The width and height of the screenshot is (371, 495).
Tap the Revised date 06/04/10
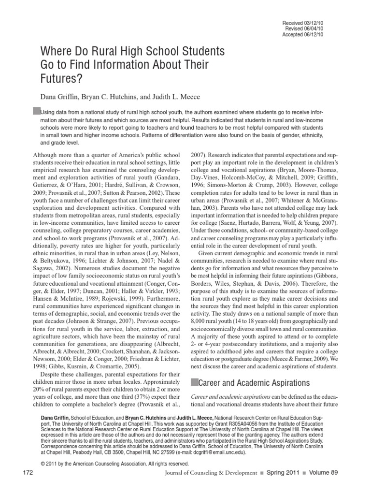[314, 29]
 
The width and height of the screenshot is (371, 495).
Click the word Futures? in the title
[60, 76]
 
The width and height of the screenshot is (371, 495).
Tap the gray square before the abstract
[36, 111]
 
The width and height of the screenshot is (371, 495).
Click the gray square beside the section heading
[195, 382]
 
